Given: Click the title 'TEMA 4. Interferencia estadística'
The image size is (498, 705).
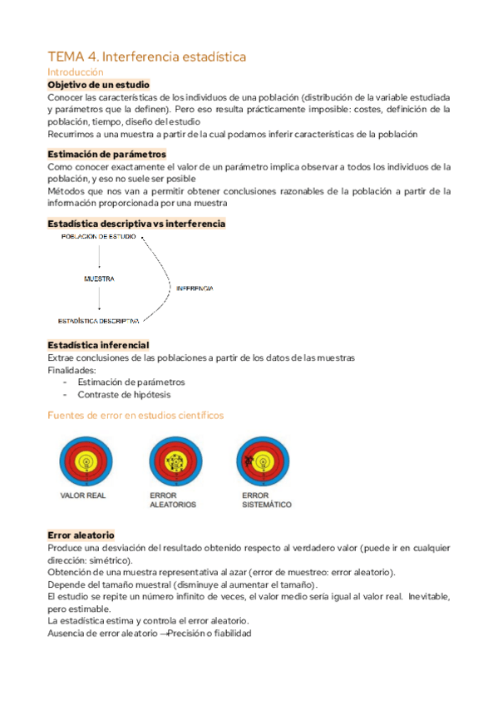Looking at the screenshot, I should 146,57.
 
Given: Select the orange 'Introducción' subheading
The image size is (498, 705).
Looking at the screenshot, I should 75,72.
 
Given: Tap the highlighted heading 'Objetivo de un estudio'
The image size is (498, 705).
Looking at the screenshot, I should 98,85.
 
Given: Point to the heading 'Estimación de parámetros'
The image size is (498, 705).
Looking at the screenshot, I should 106,154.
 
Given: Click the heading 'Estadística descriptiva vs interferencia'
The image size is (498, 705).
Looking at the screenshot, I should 136,224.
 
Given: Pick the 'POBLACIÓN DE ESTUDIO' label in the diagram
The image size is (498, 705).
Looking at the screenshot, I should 99,238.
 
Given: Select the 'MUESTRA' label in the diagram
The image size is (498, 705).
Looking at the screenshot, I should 99,279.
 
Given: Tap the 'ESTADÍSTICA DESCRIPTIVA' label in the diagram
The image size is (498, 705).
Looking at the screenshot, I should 98,320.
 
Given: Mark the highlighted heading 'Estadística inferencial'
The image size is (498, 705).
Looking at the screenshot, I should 98,345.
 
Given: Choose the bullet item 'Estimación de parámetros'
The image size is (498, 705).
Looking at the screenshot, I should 131,382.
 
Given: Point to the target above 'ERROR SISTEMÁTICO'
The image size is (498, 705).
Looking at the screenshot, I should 263,460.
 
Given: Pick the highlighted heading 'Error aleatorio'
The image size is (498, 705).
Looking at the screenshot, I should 81,535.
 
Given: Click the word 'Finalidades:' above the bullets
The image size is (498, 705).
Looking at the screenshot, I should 71,370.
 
